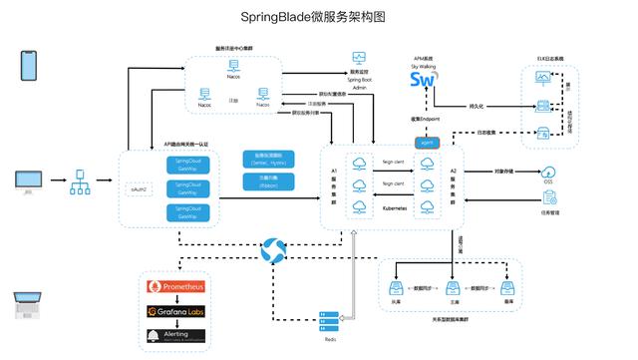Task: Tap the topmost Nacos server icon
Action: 232,67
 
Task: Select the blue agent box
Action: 427,143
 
